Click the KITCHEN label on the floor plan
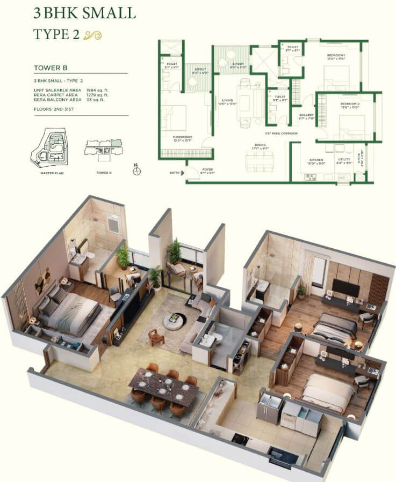pos(315,159)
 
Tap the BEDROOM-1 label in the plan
pos(336,55)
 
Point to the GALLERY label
pos(306,115)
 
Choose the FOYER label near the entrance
pos(207,169)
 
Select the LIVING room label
pos(227,99)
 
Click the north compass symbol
pos(137,171)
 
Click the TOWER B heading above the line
pos(50,68)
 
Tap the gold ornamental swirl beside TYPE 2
pos(92,35)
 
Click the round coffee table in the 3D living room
pos(175,321)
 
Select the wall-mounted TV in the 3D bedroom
pos(345,287)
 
